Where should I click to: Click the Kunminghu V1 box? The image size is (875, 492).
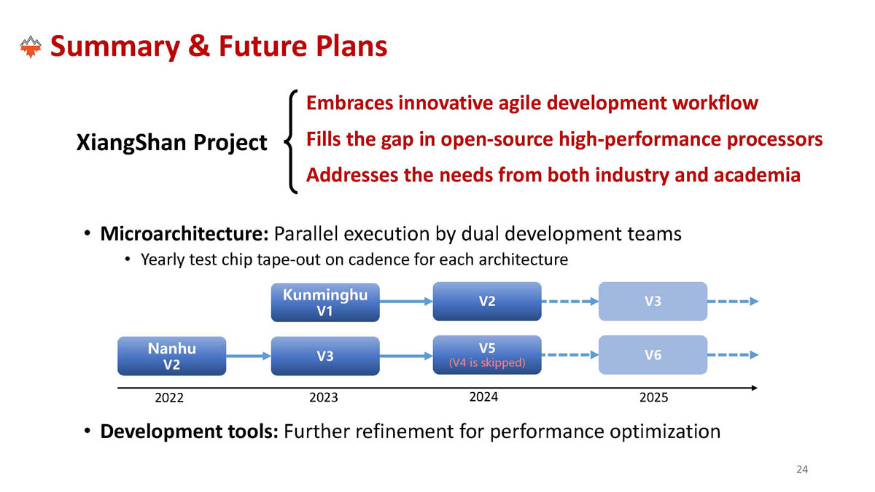point(325,302)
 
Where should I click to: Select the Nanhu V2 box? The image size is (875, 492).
point(172,356)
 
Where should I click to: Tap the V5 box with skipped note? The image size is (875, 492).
point(487,355)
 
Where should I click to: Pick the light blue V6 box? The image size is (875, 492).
point(653,355)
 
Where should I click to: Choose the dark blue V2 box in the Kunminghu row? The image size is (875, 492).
point(487,302)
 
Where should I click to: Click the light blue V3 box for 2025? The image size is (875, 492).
point(653,302)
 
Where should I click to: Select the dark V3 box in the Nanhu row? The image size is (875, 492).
point(325,356)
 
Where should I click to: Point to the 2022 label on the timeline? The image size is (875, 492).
point(169,397)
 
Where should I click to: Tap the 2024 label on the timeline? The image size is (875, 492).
point(483,397)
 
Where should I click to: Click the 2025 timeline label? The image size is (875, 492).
point(653,397)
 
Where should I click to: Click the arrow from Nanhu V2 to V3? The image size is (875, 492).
point(249,356)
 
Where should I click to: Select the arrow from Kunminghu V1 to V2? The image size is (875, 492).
point(406,302)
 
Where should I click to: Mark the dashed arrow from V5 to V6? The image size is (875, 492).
point(570,355)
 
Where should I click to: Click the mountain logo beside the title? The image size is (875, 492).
point(31,47)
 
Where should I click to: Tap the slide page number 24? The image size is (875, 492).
point(802,469)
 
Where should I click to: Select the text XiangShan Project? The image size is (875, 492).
point(172,142)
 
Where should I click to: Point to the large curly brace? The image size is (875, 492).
point(290,141)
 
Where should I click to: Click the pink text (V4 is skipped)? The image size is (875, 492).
point(487,363)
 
